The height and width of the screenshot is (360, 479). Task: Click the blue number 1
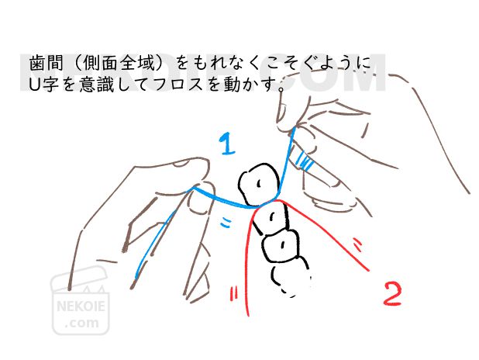point(228,144)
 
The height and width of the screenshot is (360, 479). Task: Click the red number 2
point(392,294)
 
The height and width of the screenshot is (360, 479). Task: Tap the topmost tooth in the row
point(258,184)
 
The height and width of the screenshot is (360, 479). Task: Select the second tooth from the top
point(271,218)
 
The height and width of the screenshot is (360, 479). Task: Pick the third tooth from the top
point(280,245)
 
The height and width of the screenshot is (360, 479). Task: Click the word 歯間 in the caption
point(46,63)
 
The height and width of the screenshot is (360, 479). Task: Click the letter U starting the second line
point(34,84)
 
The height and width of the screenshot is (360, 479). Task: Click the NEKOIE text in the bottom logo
point(81,306)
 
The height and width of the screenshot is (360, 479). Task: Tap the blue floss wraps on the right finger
point(305,161)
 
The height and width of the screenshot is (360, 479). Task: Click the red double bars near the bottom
point(234,293)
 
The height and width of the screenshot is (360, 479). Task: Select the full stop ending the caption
point(281,89)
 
